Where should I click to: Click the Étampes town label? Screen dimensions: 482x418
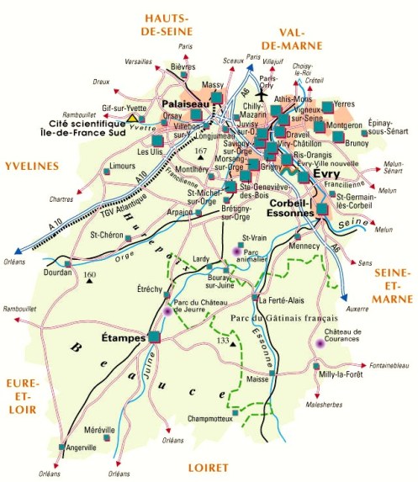pyautogui.click(x=123, y=338)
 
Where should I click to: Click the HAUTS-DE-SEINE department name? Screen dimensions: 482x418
pyautogui.click(x=177, y=26)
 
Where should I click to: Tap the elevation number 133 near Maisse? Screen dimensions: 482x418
pyautogui.click(x=223, y=340)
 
